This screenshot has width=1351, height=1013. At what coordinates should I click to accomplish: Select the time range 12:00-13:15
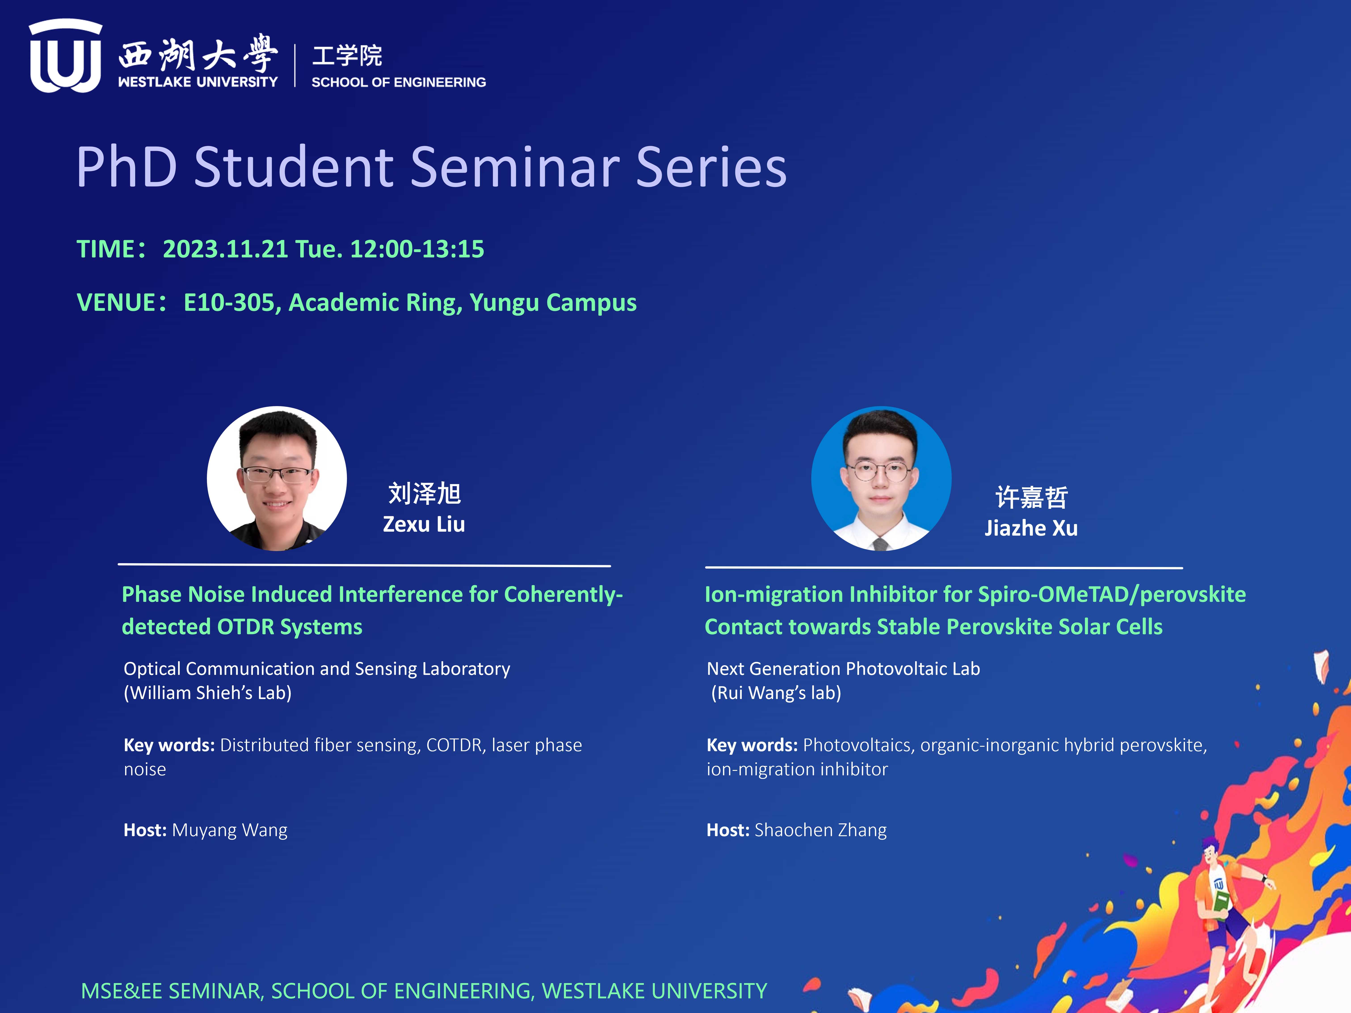417,249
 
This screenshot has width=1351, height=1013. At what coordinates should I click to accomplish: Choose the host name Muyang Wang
230,831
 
